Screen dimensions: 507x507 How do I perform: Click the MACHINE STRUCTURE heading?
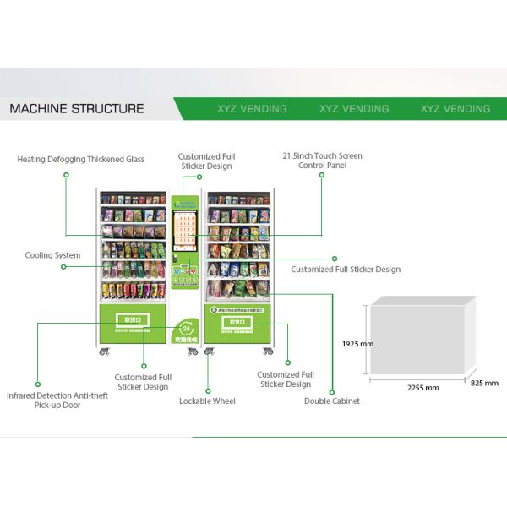(x=76, y=109)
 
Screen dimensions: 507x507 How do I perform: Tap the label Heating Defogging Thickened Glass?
(x=80, y=159)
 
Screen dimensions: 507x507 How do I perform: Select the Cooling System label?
(x=52, y=255)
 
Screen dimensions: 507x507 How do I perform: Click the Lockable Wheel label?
(x=207, y=401)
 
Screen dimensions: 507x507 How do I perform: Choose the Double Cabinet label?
(x=331, y=401)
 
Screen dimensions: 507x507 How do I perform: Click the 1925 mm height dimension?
(x=357, y=344)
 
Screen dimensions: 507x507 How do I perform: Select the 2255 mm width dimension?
(x=422, y=388)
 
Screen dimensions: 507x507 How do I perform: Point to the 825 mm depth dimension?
(x=484, y=383)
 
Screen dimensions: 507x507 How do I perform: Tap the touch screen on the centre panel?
(x=185, y=231)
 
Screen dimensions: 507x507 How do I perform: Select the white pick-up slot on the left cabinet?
(x=131, y=322)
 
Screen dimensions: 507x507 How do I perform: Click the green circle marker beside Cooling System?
(x=63, y=267)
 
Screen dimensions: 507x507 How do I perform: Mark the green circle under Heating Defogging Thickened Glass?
(x=66, y=175)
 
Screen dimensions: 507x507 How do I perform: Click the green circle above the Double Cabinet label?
(x=330, y=390)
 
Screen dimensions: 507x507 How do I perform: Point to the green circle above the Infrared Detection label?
(x=37, y=383)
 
